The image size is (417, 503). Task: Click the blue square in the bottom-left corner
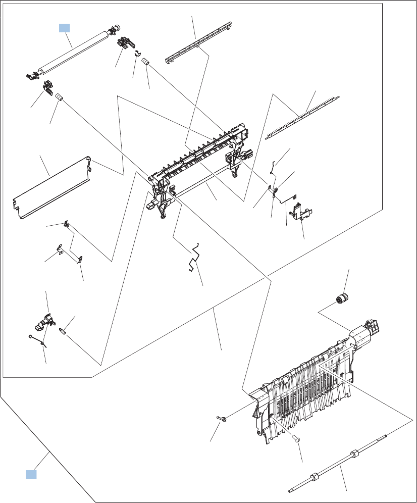pyautogui.click(x=31, y=474)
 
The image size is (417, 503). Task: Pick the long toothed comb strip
pyautogui.click(x=303, y=116)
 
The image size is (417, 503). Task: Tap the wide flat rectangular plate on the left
pyautogui.click(x=50, y=187)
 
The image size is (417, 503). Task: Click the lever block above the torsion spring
pyautogui.click(x=48, y=320)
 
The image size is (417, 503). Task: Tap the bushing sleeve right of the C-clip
pyautogui.click(x=146, y=62)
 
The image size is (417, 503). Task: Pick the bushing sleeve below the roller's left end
pyautogui.click(x=59, y=96)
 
